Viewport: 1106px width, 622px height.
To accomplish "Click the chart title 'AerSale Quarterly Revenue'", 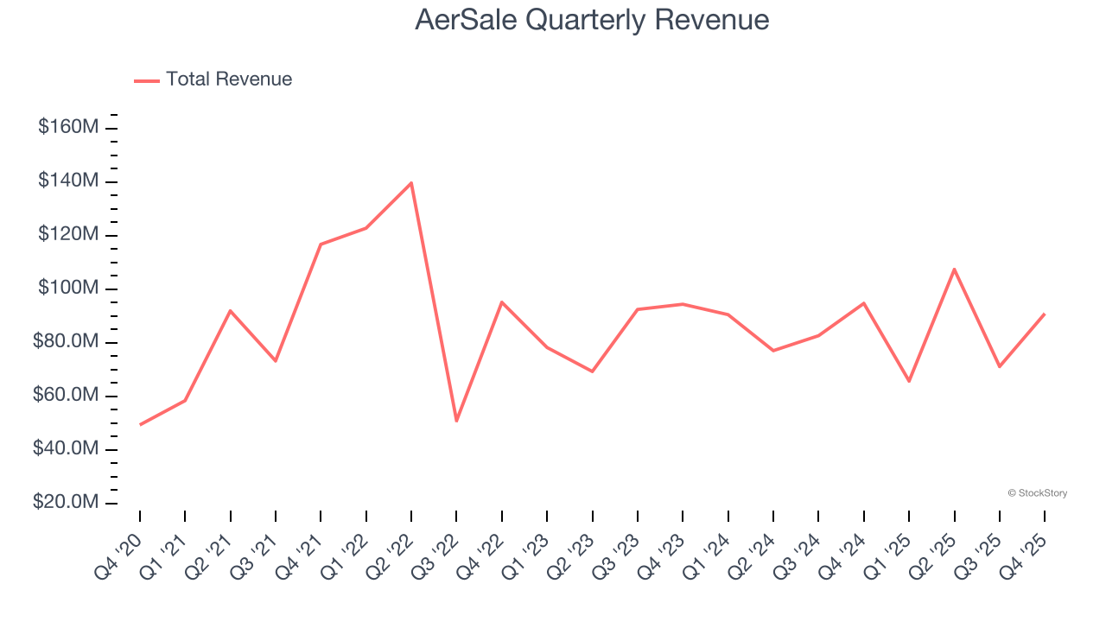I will [592, 19].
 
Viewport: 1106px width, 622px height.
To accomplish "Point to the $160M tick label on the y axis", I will [68, 128].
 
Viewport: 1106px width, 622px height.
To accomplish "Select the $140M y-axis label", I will [68, 181].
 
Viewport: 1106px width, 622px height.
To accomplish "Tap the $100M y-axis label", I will [68, 289].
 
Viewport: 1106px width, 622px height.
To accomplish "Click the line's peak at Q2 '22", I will [411, 182].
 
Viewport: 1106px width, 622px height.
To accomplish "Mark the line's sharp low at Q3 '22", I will [456, 421].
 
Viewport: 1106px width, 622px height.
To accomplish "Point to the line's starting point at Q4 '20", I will [140, 424].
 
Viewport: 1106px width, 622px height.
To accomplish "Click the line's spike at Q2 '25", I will [954, 269].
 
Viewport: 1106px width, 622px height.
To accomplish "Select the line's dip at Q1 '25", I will [909, 381].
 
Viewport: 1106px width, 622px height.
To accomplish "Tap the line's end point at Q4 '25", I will [1045, 314].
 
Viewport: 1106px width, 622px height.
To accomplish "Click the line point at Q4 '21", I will [321, 244].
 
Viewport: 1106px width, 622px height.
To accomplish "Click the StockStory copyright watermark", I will [1037, 493].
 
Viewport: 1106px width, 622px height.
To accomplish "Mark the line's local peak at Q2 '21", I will [231, 310].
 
